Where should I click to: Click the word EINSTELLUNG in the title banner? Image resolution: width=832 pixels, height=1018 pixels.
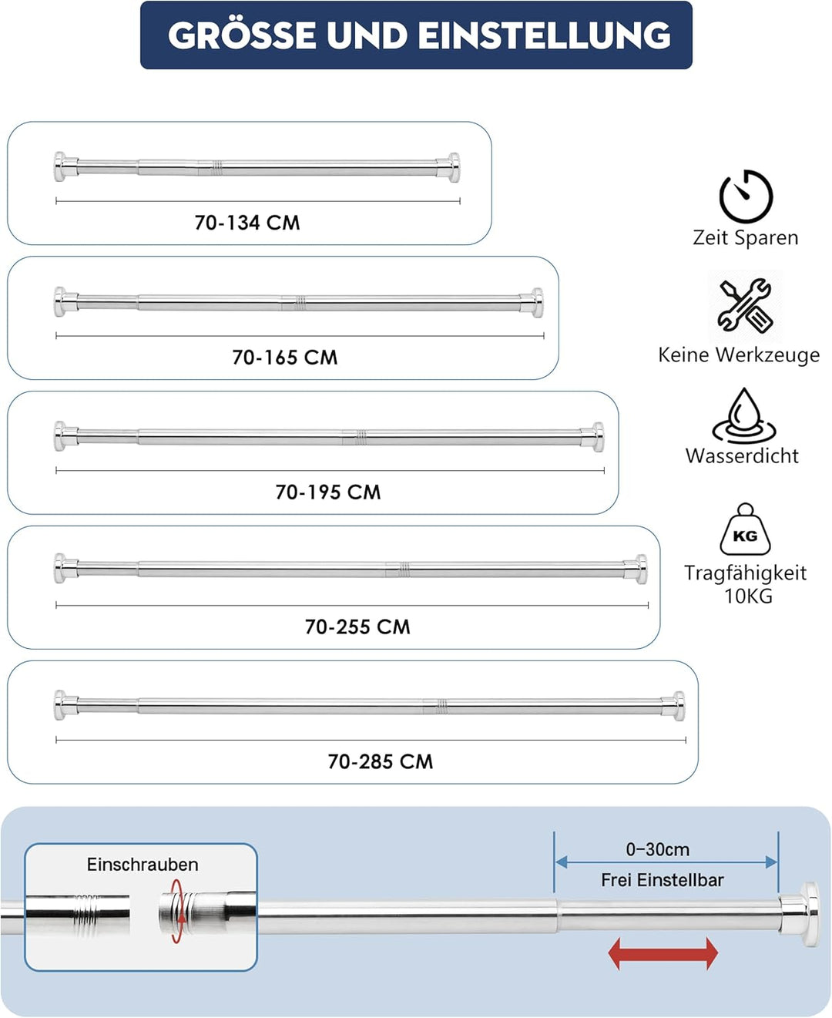click(x=545, y=35)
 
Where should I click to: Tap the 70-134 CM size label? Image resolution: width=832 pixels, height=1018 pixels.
click(x=247, y=223)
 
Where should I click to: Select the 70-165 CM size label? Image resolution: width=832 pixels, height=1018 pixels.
click(x=285, y=358)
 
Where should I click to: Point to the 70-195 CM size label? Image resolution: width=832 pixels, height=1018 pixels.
click(x=328, y=492)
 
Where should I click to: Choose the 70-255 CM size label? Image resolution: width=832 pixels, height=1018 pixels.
click(x=357, y=627)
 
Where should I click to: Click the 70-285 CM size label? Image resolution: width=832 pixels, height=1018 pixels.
click(x=381, y=761)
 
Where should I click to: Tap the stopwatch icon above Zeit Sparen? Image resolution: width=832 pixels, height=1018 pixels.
click(x=746, y=196)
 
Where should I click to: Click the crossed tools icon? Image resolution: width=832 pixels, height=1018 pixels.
click(x=746, y=305)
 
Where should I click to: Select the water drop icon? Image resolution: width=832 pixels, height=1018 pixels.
click(x=745, y=416)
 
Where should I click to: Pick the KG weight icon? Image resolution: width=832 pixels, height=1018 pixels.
click(x=746, y=529)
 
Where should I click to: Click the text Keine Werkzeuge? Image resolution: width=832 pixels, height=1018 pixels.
click(x=739, y=355)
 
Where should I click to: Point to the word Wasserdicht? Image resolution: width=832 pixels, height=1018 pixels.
click(x=742, y=456)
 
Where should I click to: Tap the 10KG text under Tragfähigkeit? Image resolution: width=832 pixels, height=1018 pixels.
click(x=748, y=596)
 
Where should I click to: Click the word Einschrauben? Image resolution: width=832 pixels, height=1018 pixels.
click(x=143, y=865)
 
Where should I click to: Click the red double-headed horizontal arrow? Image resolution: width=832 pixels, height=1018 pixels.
click(x=663, y=953)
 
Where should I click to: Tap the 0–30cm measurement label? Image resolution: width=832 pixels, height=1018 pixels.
click(x=658, y=849)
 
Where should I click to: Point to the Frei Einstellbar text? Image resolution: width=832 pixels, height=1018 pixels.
click(x=662, y=880)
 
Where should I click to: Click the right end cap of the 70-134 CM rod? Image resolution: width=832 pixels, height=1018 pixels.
click(x=449, y=167)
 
